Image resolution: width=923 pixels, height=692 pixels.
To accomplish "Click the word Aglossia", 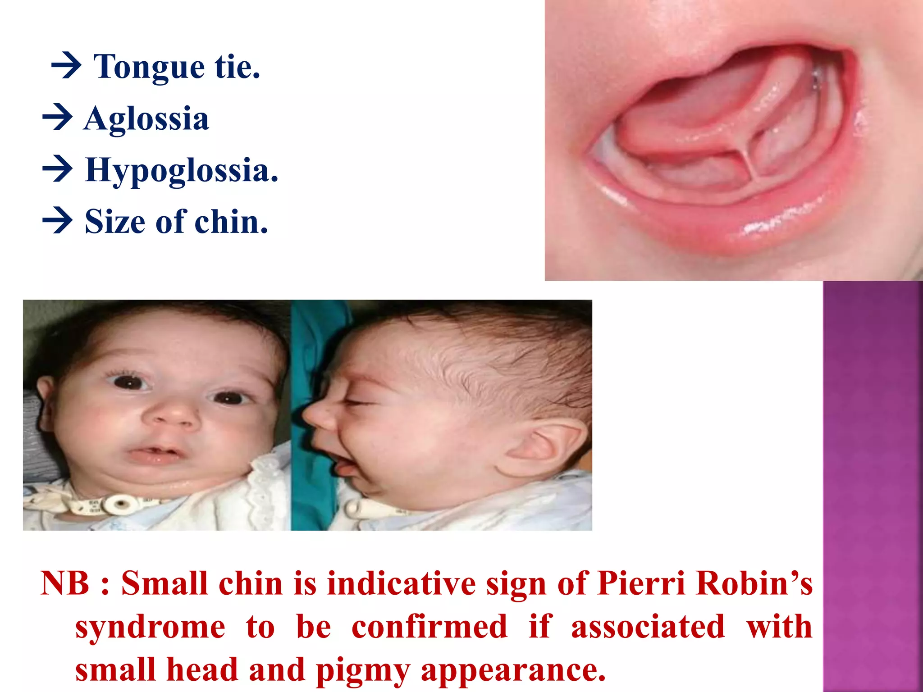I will [x=146, y=119].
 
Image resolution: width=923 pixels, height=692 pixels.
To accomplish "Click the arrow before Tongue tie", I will [x=66, y=67].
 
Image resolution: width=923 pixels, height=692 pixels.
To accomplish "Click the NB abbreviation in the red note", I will [x=65, y=583].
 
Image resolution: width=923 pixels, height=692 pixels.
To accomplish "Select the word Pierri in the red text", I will [x=641, y=583].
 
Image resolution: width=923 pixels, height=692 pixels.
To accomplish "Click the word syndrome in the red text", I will [x=150, y=627].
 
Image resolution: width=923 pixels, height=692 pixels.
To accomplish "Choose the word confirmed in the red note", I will [x=429, y=627].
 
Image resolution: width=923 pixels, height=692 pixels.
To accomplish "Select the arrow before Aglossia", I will [x=57, y=118].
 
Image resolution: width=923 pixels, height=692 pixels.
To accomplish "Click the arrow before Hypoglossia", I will [x=57, y=169].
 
